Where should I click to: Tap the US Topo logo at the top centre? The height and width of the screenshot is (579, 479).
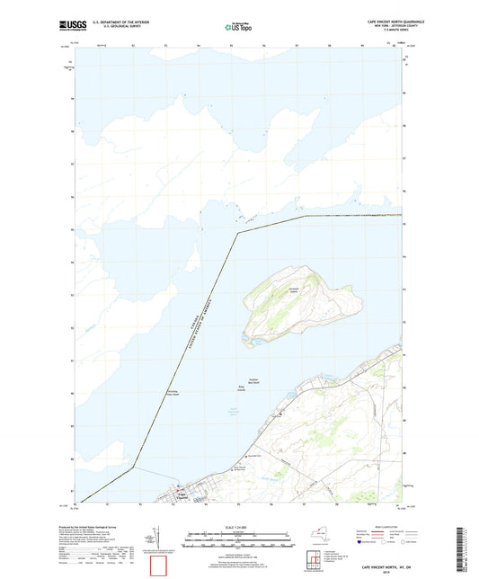tap(238, 27)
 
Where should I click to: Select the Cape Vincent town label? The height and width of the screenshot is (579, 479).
tap(181, 494)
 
